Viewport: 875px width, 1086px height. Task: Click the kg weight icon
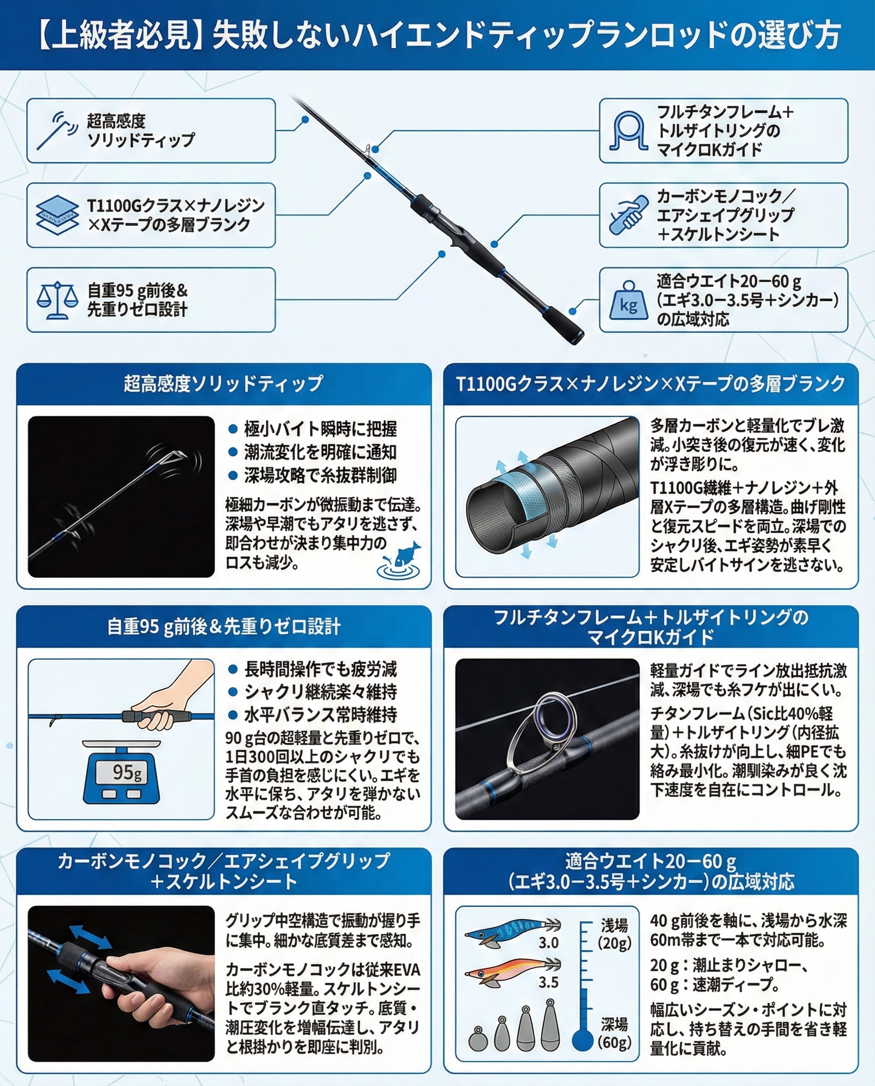point(627,301)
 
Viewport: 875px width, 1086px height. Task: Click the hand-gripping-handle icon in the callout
point(628,216)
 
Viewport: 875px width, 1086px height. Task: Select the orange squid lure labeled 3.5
point(511,969)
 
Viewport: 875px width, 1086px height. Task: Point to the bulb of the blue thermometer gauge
point(583,1040)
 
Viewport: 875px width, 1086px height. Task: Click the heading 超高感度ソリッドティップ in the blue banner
point(223,384)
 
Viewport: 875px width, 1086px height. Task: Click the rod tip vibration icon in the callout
point(57,131)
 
